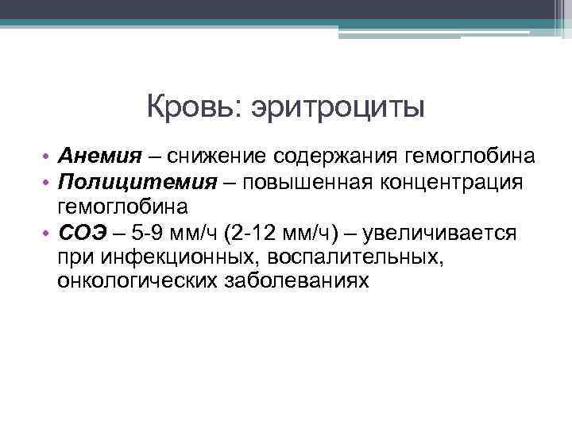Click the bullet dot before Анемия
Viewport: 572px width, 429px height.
(x=47, y=155)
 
